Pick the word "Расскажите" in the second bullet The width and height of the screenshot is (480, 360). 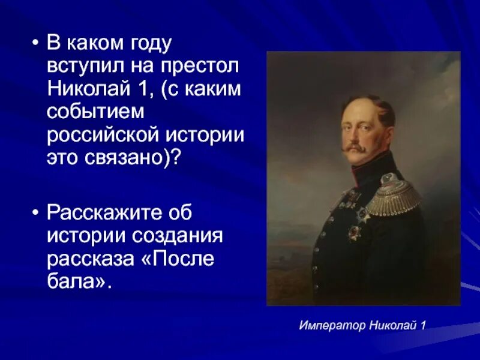coord(106,212)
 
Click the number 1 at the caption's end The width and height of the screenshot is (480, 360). coord(423,326)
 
